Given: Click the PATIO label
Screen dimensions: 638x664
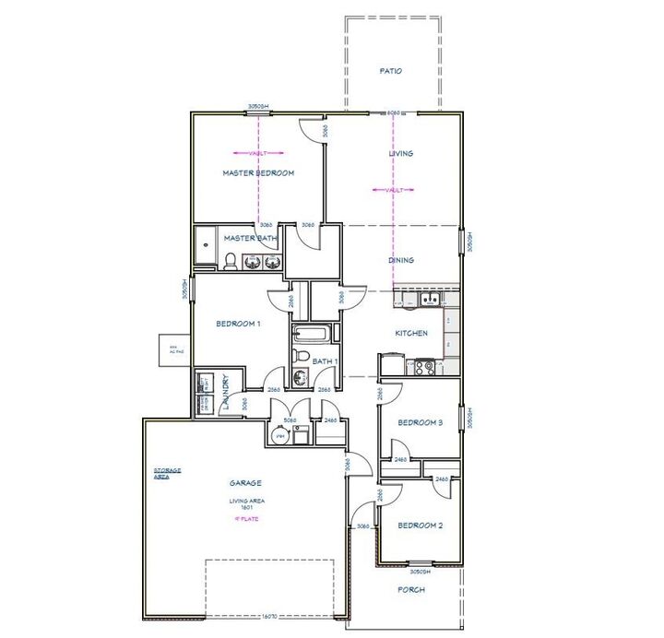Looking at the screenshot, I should (x=391, y=71).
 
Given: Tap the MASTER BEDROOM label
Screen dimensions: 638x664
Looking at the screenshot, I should (x=258, y=173).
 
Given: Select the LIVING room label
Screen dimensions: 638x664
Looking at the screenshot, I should (x=401, y=154).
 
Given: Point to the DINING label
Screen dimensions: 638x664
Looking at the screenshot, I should (x=401, y=261).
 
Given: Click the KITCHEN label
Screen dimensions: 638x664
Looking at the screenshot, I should (x=411, y=333).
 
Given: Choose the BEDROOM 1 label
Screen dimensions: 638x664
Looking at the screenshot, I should (x=239, y=324).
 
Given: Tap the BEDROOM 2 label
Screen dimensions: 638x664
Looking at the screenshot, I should (x=421, y=526).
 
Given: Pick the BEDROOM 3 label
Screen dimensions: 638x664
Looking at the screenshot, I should (x=421, y=423).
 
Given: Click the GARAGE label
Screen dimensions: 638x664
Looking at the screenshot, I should (x=246, y=483).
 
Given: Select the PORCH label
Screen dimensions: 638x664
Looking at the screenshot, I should (x=410, y=590).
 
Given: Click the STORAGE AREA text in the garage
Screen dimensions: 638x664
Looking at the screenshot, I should (x=167, y=473).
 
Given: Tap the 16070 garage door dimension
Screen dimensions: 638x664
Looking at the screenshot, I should (x=270, y=614).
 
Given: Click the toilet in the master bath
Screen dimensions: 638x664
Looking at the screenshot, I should (x=230, y=262).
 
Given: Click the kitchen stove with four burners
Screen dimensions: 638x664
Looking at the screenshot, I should (x=423, y=366).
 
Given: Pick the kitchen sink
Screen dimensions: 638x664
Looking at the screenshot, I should (x=428, y=299).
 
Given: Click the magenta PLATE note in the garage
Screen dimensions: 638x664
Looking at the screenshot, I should (x=245, y=519).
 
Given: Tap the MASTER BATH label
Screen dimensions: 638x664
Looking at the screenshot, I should (x=250, y=239).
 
